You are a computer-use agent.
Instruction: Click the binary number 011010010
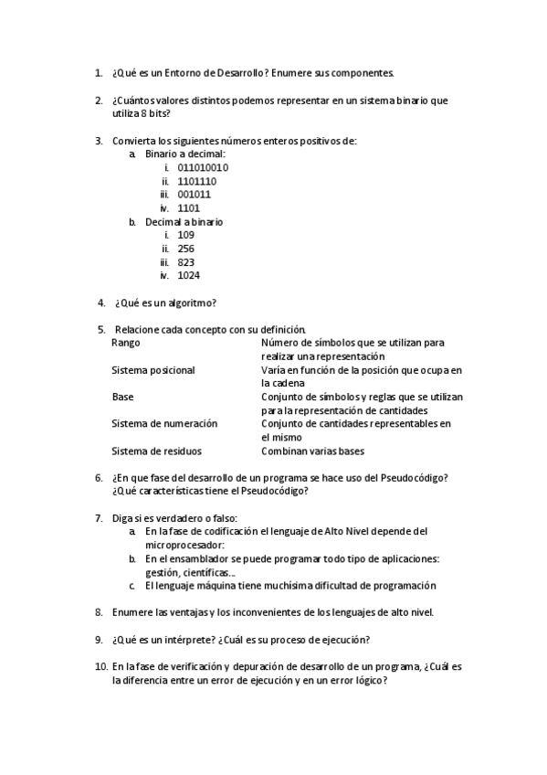click(203, 168)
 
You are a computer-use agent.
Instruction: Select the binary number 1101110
click(196, 181)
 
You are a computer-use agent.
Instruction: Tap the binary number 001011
click(194, 195)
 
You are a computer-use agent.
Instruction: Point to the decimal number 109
click(186, 235)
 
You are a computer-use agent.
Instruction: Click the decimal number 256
click(186, 249)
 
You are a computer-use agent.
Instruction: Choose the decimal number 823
click(186, 262)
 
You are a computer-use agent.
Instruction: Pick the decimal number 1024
click(189, 275)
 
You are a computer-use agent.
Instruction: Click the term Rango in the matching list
click(126, 343)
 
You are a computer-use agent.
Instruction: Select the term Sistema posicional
click(153, 370)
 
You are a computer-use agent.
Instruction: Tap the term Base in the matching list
click(122, 398)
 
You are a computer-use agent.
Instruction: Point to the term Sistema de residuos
click(156, 451)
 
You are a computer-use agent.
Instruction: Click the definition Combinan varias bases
click(314, 451)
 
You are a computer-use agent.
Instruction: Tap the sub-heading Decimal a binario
click(184, 221)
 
